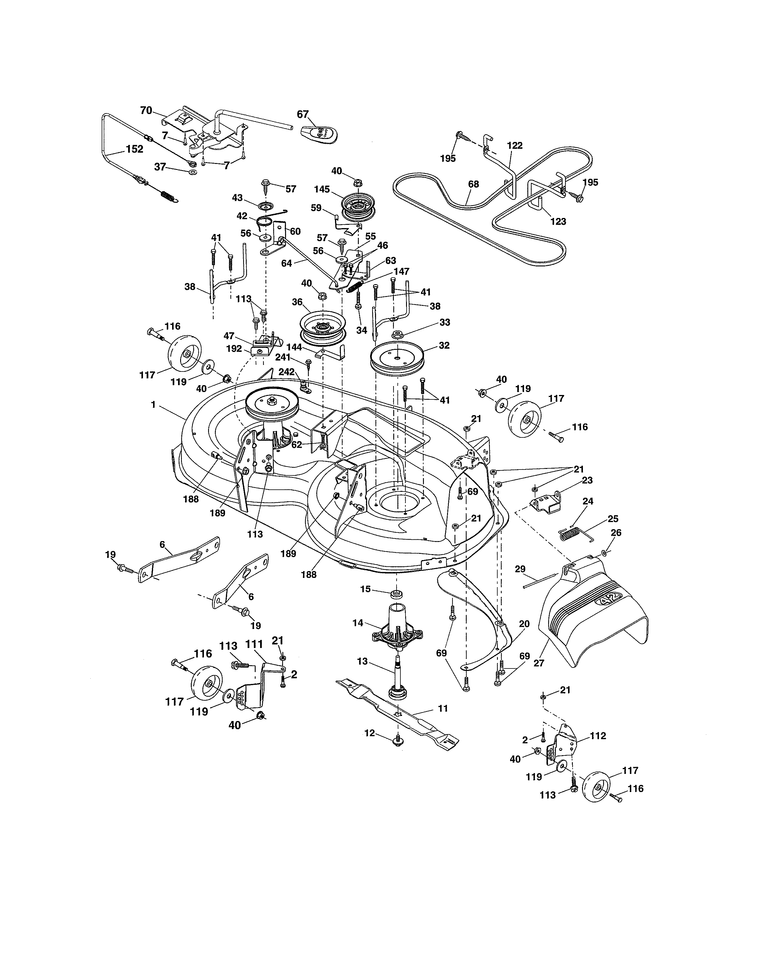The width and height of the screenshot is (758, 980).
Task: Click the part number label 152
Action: click(x=134, y=149)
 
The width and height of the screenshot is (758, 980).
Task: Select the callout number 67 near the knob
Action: click(x=303, y=114)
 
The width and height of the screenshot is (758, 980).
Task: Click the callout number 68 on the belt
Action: click(x=473, y=184)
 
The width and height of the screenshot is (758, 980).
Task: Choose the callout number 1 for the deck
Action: click(x=153, y=405)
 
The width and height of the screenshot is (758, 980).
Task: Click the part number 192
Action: click(x=234, y=349)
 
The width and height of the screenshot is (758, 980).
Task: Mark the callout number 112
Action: click(x=598, y=736)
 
